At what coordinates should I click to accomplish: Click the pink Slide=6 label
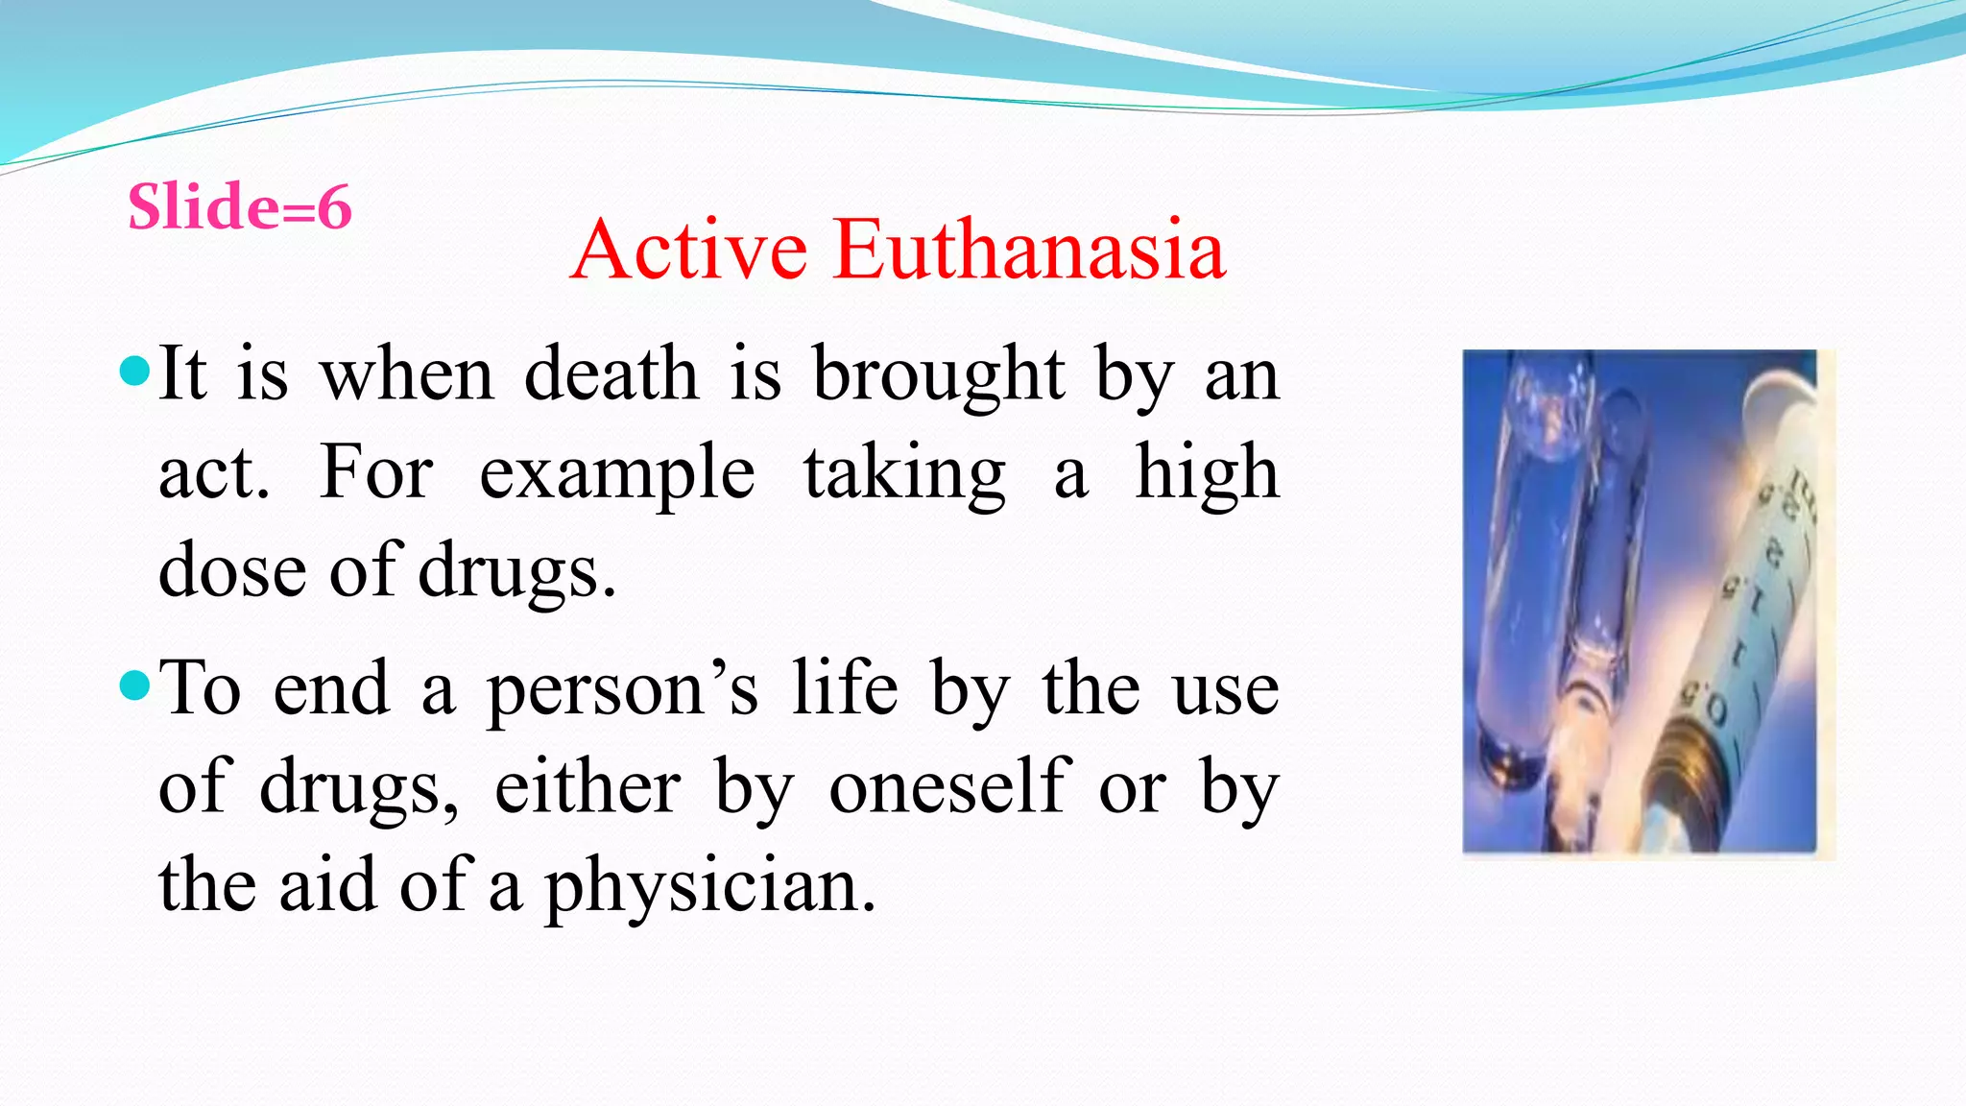tap(240, 207)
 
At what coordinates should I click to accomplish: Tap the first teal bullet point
tap(136, 371)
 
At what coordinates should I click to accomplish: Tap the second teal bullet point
tap(136, 685)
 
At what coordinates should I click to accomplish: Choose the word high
tap(1207, 473)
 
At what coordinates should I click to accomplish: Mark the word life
tap(845, 688)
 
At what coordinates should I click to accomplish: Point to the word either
tap(587, 787)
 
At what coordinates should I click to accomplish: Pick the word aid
tap(326, 885)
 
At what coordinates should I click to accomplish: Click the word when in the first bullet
tap(407, 374)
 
